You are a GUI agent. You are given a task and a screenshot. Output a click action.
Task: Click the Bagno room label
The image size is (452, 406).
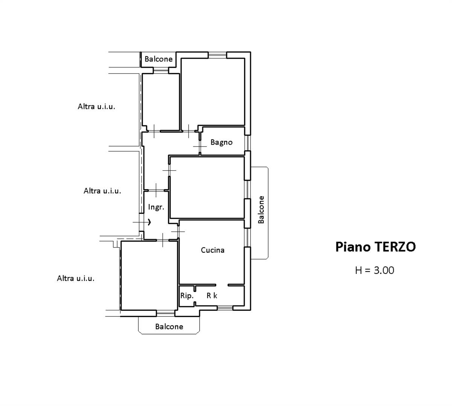pos(221,142)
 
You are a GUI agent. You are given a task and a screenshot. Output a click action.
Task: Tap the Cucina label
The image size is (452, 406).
pos(212,250)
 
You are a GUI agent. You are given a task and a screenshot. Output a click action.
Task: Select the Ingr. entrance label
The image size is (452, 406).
pos(156,207)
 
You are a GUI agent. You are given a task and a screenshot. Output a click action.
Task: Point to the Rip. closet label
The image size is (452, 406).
pos(186,296)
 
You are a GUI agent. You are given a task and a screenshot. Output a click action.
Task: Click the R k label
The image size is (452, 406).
pos(212,296)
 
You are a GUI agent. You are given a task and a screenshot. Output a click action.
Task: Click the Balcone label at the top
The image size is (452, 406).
pos(158,59)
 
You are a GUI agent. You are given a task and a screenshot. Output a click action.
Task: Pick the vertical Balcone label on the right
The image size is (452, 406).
pos(261,210)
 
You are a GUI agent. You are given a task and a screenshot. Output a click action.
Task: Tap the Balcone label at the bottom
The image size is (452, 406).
pos(169,327)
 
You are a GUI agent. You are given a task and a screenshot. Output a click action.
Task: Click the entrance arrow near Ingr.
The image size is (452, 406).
pos(149,222)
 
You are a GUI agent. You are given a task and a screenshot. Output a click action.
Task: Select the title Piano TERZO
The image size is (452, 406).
pos(375,247)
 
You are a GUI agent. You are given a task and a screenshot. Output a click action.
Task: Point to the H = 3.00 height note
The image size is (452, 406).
pos(374,270)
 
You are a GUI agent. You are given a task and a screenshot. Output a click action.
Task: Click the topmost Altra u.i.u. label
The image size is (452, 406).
pos(96,107)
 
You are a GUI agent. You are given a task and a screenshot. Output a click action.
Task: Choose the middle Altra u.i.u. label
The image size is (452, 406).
pos(102,191)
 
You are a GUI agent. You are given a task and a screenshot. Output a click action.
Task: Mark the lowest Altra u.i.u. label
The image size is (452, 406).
pos(75,278)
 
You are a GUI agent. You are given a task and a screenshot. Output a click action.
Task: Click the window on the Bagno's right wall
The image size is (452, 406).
pos(247,143)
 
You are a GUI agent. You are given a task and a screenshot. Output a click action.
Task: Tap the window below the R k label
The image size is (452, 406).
pos(225,308)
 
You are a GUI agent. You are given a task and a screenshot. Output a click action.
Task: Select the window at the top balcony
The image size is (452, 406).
pos(161,70)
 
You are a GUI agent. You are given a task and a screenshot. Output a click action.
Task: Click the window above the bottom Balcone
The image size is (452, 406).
pos(166,313)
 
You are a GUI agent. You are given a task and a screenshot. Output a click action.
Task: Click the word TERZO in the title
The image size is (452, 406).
pos(395,247)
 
